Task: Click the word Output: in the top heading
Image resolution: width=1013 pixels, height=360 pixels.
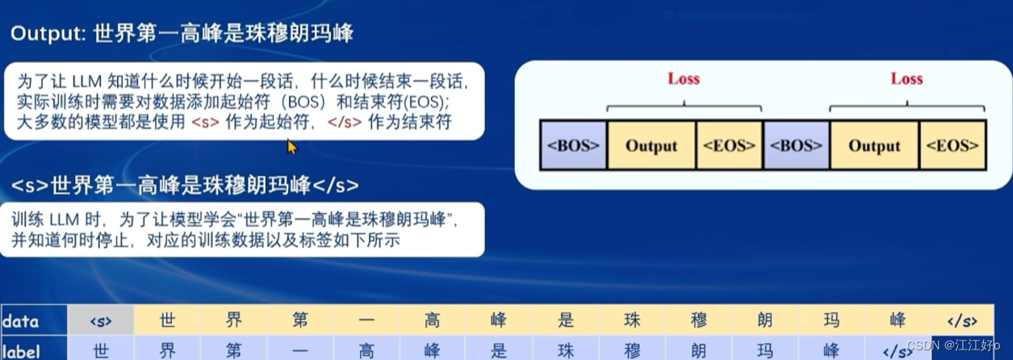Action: click(x=48, y=34)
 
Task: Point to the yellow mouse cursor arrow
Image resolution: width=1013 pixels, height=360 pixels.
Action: click(x=291, y=147)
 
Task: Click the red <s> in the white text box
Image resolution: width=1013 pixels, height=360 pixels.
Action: click(x=205, y=122)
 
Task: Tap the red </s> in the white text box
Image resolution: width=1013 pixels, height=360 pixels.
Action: click(x=345, y=122)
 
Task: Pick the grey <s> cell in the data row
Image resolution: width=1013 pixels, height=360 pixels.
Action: click(x=100, y=320)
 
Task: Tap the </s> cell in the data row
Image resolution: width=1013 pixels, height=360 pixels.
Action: click(x=962, y=320)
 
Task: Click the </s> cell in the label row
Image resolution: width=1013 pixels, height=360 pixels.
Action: click(x=898, y=350)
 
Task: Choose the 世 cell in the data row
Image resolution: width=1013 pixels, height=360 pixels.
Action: click(x=167, y=320)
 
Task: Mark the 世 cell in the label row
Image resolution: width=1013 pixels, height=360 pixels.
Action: click(x=100, y=350)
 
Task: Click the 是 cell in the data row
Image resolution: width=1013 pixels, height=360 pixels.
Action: click(x=565, y=320)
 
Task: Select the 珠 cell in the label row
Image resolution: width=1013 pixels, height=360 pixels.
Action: click(x=565, y=350)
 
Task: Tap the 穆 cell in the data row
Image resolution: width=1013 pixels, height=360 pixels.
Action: click(x=698, y=320)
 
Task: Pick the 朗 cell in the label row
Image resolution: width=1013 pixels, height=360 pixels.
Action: click(x=698, y=350)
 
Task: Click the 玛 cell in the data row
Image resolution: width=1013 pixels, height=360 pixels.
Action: click(x=831, y=320)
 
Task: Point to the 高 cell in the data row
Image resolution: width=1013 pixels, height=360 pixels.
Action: click(x=433, y=320)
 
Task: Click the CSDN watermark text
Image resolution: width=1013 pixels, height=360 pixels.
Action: click(x=952, y=345)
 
